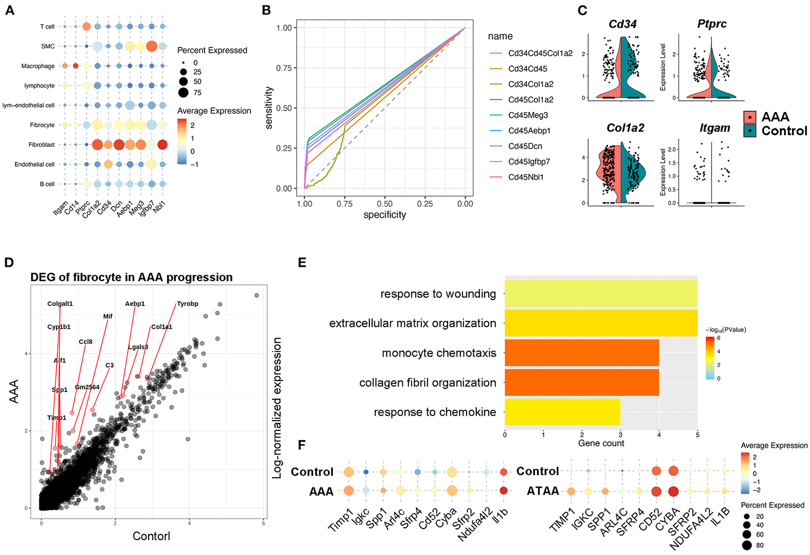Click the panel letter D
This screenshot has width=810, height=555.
[x=10, y=263]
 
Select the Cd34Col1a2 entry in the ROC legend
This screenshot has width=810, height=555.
[x=531, y=84]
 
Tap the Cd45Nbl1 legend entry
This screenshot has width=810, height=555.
[x=526, y=177]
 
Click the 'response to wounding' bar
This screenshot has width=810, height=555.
[x=601, y=293]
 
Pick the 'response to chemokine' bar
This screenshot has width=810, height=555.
[x=562, y=412]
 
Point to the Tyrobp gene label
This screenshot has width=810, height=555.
[x=187, y=304]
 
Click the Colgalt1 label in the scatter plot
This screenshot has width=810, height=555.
[x=60, y=304]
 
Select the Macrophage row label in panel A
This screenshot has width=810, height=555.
[x=38, y=66]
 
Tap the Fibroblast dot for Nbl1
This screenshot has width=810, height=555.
[x=162, y=145]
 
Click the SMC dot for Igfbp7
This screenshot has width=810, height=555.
[x=151, y=46]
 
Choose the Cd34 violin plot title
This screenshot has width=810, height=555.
[x=623, y=24]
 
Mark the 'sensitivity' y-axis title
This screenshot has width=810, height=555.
[x=269, y=108]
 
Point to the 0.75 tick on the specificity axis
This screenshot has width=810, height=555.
[x=344, y=204]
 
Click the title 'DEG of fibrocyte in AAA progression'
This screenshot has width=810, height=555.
[x=131, y=277]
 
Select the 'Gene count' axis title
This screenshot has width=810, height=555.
[x=601, y=443]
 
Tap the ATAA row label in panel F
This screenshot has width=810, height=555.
[x=543, y=491]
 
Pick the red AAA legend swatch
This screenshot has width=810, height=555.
[x=750, y=117]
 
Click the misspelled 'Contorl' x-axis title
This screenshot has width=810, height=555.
[x=151, y=536]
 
